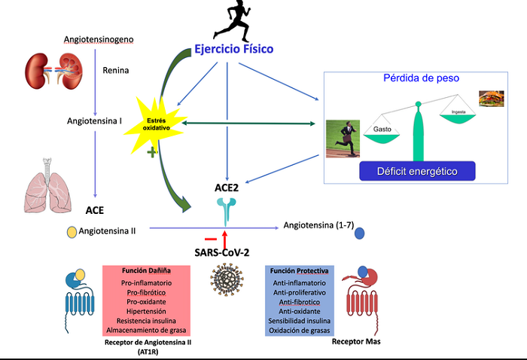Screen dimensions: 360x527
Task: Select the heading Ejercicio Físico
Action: point(233,49)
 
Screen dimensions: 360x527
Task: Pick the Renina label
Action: point(116,71)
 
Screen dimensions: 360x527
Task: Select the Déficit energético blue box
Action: point(418,172)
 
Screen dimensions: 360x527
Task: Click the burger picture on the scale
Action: point(491,99)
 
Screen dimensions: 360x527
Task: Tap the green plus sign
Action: point(152,152)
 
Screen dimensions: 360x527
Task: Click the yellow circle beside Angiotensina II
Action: point(72,231)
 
